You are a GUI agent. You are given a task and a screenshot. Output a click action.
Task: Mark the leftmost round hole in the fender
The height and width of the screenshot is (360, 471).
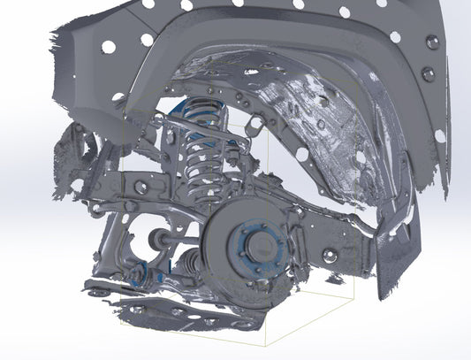108,47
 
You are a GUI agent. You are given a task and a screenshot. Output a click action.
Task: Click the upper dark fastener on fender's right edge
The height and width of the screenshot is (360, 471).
429,42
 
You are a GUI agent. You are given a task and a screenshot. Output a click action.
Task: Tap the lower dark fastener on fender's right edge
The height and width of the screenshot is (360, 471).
440,134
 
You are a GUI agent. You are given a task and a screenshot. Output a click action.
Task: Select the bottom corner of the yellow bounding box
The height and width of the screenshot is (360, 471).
265,343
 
